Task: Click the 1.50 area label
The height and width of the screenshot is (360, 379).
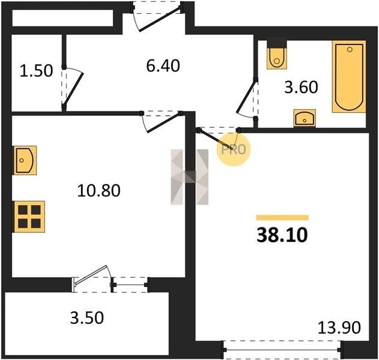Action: click(x=36, y=71)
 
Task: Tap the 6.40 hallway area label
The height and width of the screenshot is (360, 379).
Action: click(x=163, y=65)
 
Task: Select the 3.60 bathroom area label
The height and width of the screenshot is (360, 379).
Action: click(x=301, y=87)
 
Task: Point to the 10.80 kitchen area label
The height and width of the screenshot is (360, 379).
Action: click(x=99, y=191)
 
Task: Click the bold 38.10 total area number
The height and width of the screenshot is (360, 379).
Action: click(x=282, y=235)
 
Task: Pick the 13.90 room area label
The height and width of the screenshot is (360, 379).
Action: click(x=339, y=328)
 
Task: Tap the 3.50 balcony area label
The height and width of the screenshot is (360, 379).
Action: click(x=87, y=317)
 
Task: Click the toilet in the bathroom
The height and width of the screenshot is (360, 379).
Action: click(x=277, y=55)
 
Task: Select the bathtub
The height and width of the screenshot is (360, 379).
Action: click(x=349, y=76)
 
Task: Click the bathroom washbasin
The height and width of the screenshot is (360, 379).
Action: click(x=305, y=118)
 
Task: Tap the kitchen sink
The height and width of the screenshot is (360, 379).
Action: click(x=25, y=160)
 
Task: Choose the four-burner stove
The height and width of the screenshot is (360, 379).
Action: click(x=29, y=217)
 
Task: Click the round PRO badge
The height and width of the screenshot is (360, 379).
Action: click(x=234, y=149)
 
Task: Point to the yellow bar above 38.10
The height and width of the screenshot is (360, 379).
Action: click(x=282, y=218)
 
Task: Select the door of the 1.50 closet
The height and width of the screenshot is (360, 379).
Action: click(x=74, y=88)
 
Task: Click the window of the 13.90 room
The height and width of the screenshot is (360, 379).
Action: click(x=282, y=349)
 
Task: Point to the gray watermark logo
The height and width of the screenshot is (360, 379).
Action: click(x=190, y=177)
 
